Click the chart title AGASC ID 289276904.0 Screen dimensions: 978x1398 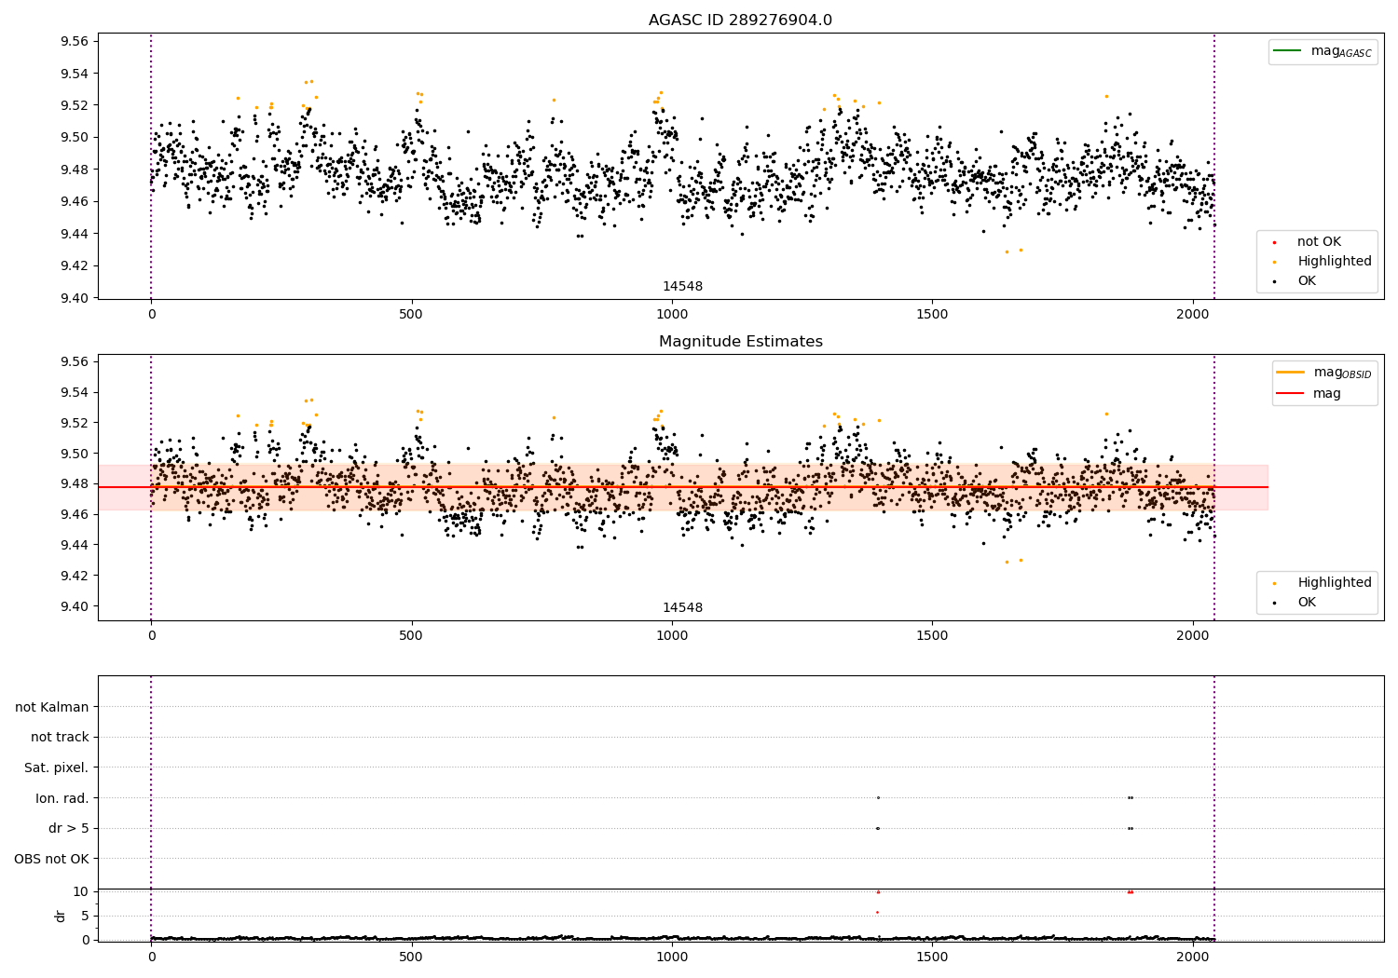pos(740,20)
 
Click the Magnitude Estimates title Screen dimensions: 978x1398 pos(740,342)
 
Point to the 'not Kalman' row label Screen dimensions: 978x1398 pos(52,708)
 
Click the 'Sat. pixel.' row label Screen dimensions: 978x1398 pos(57,768)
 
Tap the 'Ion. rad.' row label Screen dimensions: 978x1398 pos(62,798)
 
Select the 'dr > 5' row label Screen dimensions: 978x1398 pos(69,829)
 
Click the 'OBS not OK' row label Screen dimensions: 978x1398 pos(52,859)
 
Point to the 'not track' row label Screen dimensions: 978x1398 pos(60,738)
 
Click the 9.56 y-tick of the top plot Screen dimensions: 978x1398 pos(74,41)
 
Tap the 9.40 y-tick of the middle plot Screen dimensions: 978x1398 pos(74,606)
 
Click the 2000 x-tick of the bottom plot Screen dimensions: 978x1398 pos(1192,957)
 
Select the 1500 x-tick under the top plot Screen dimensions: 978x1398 pos(932,315)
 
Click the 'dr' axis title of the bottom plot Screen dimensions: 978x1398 pos(61,916)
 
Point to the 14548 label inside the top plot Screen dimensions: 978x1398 pos(682,287)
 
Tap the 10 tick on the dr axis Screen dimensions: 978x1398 pos(81,891)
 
